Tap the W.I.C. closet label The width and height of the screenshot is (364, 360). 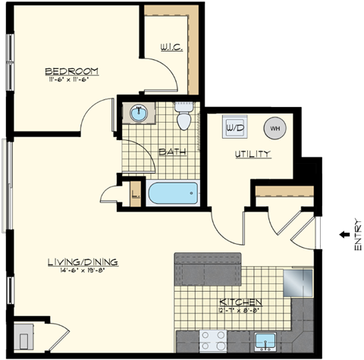click(171, 49)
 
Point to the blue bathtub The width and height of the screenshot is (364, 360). click(173, 194)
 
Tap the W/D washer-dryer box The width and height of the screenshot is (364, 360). click(233, 128)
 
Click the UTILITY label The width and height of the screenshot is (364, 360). click(252, 155)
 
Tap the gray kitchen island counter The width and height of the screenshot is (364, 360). click(207, 269)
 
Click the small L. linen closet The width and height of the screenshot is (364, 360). click(134, 191)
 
